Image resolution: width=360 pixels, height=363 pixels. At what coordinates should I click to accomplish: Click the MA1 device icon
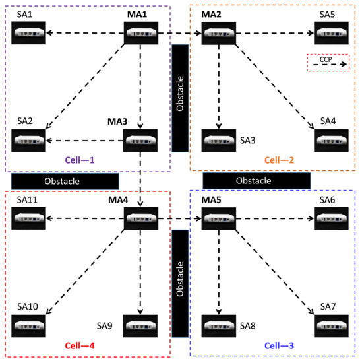pyautogui.click(x=141, y=32)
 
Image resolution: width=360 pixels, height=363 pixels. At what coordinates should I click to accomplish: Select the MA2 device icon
pyautogui.click(x=218, y=32)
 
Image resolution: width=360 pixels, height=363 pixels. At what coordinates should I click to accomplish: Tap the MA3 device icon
pyautogui.click(x=141, y=141)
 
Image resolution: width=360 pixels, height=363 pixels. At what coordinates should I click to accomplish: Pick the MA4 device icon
pyautogui.click(x=141, y=218)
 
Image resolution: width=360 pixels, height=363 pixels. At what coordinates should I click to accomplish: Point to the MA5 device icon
pyautogui.click(x=218, y=218)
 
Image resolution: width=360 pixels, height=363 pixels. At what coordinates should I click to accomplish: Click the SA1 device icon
pyautogui.click(x=29, y=32)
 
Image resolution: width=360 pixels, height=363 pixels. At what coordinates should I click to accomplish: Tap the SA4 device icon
pyautogui.click(x=331, y=141)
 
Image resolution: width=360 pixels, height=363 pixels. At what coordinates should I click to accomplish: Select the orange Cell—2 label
pyautogui.click(x=274, y=160)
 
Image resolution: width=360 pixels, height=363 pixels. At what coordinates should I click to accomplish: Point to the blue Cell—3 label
pyautogui.click(x=274, y=345)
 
